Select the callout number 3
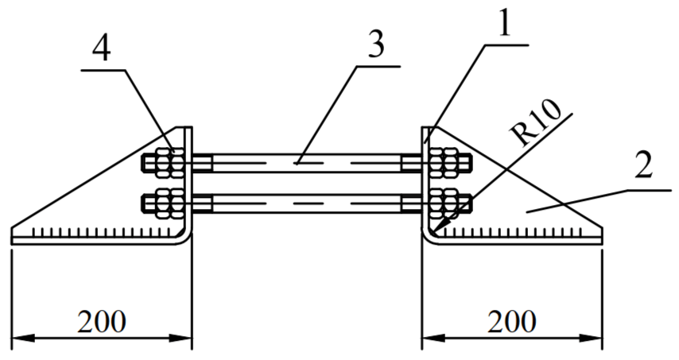pyautogui.click(x=376, y=45)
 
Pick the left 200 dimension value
pyautogui.click(x=102, y=322)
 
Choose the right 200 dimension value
pyautogui.click(x=512, y=322)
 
